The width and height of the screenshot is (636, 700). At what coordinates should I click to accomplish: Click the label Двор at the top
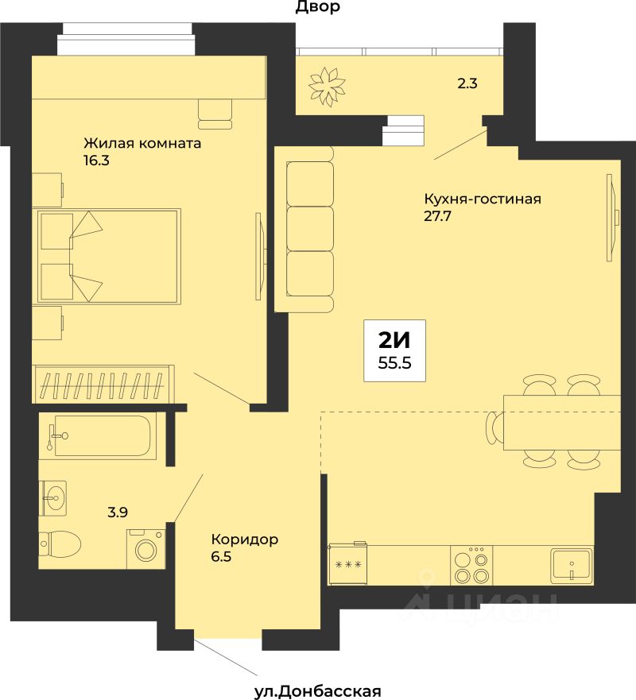click(x=317, y=7)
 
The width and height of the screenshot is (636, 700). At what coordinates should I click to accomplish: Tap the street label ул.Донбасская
click(x=317, y=691)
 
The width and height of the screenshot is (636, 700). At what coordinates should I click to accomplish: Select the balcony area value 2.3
click(x=467, y=83)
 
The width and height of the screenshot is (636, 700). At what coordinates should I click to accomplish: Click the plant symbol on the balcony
click(x=328, y=87)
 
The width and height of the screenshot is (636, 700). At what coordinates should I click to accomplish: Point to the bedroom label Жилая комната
click(x=142, y=143)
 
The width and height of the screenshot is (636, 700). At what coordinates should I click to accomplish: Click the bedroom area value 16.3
click(x=96, y=160)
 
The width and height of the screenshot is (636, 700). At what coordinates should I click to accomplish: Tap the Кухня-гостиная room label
click(x=483, y=199)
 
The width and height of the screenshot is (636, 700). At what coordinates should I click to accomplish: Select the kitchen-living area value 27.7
click(x=438, y=216)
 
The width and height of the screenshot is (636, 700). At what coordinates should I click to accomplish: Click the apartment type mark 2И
click(x=394, y=341)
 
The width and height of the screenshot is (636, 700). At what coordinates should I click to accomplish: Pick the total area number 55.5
click(x=395, y=363)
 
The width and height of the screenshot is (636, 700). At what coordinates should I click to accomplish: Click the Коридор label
click(x=245, y=540)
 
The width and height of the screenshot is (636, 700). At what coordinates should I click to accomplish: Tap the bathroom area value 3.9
click(x=118, y=512)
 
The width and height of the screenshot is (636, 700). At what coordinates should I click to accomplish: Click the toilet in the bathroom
click(x=60, y=543)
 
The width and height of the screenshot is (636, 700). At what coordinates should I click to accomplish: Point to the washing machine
click(x=145, y=549)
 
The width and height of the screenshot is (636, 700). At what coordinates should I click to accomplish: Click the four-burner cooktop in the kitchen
click(x=471, y=565)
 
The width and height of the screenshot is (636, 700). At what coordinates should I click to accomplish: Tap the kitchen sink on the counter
click(x=572, y=565)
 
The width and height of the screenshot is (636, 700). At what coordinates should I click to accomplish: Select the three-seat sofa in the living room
click(x=304, y=229)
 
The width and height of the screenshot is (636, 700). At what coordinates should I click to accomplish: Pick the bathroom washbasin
click(x=53, y=497)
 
